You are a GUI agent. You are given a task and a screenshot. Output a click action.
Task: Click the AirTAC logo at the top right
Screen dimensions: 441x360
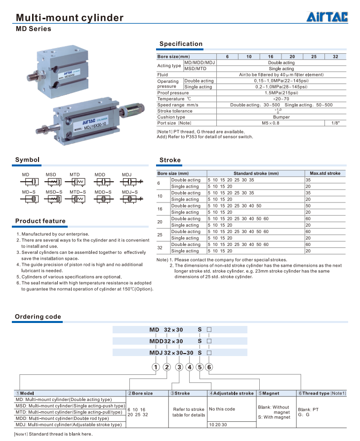pyautogui.click(x=327, y=17)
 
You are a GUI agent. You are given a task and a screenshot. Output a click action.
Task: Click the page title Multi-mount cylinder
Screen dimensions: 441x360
pyautogui.click(x=70, y=18)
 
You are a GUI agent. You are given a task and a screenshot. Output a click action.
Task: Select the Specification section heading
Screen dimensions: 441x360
pyautogui.click(x=181, y=44)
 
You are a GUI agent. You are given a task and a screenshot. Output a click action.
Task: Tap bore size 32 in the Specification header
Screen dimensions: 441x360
pyautogui.click(x=335, y=56)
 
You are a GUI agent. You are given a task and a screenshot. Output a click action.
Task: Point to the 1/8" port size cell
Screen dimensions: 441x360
pyautogui.click(x=335, y=123)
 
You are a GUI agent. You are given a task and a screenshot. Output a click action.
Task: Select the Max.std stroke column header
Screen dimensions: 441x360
pyautogui.click(x=325, y=173)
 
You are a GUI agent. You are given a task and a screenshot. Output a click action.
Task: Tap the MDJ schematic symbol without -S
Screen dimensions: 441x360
pyautogui.click(x=127, y=183)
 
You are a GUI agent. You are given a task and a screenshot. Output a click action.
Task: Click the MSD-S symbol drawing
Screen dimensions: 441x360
pyautogui.click(x=53, y=200)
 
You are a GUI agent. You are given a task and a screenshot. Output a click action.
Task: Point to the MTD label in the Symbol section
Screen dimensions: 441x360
pyautogui.click(x=75, y=175)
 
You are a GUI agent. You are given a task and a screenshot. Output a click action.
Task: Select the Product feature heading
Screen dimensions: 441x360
pyautogui.click(x=40, y=221)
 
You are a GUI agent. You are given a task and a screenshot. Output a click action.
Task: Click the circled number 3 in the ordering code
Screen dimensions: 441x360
pyautogui.click(x=179, y=367)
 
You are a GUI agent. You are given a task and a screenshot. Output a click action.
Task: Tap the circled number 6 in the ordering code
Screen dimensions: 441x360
pyautogui.click(x=209, y=367)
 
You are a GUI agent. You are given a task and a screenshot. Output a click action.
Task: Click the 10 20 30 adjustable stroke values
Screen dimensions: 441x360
pyautogui.click(x=218, y=424)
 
